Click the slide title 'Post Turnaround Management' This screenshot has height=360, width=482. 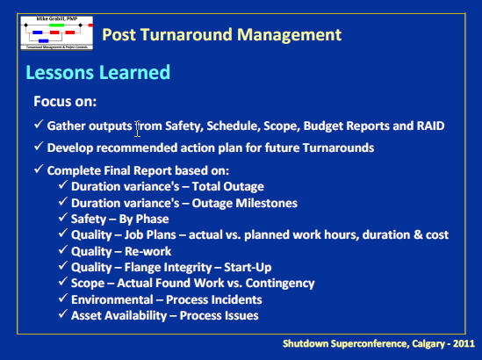point(221,35)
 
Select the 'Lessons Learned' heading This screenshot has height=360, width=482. point(97,72)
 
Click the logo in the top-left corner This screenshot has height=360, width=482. point(54,31)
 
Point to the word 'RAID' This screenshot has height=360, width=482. point(426,126)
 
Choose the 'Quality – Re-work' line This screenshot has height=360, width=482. point(122,251)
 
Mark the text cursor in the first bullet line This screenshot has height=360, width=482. point(138,129)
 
